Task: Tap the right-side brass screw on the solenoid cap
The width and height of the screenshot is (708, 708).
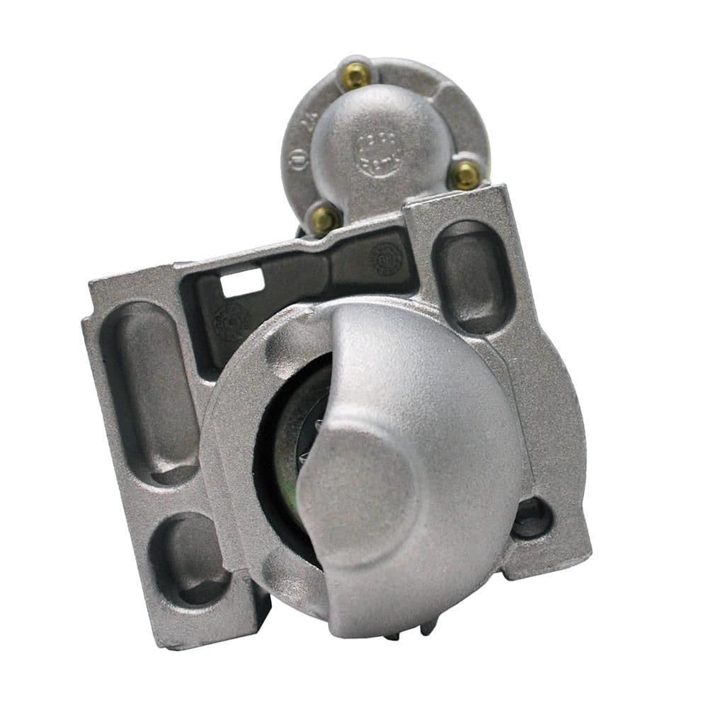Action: pos(465,174)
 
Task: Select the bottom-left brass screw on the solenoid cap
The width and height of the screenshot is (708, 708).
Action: pos(324,220)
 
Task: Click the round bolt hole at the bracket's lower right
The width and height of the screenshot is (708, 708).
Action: pos(532,518)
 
